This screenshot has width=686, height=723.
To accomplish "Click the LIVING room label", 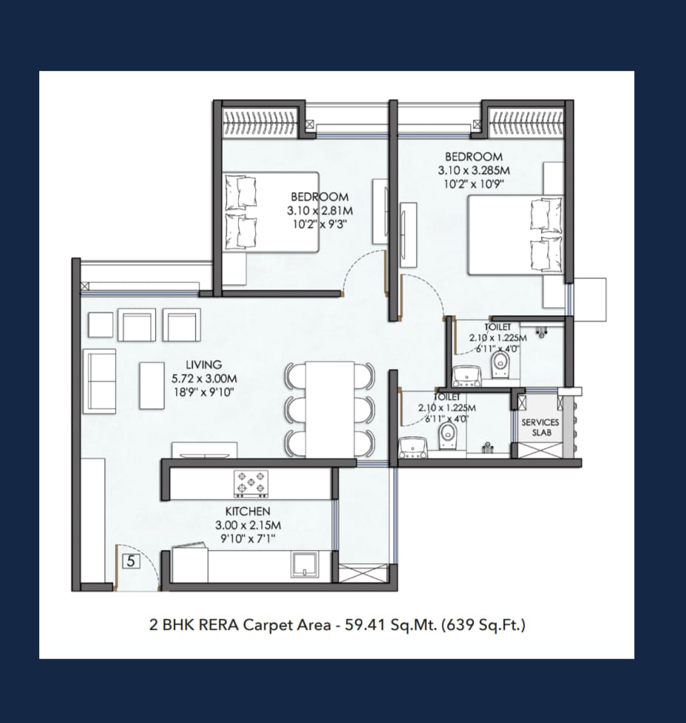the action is point(203,364).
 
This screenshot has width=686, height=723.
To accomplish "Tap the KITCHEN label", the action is point(248,511).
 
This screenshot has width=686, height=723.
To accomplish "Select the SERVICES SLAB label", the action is point(540,428).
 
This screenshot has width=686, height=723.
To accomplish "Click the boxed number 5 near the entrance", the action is point(131,561).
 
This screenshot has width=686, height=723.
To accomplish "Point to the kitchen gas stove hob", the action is point(251,484).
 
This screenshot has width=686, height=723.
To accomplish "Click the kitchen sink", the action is point(304,564).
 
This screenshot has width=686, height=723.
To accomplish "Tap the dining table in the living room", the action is point(330,409).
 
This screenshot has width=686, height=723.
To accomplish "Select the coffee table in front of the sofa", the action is point(152,386).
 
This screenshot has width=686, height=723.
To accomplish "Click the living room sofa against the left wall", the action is point(100,381).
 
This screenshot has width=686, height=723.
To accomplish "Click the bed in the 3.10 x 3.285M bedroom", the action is point(516,235).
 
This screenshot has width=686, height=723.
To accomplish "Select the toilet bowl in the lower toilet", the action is point(447,436).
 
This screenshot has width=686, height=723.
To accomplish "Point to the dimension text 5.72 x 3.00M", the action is point(204,379).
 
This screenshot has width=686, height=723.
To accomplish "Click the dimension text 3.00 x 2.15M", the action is point(248,525).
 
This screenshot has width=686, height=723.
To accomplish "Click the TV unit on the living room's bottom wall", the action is point(205,450).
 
